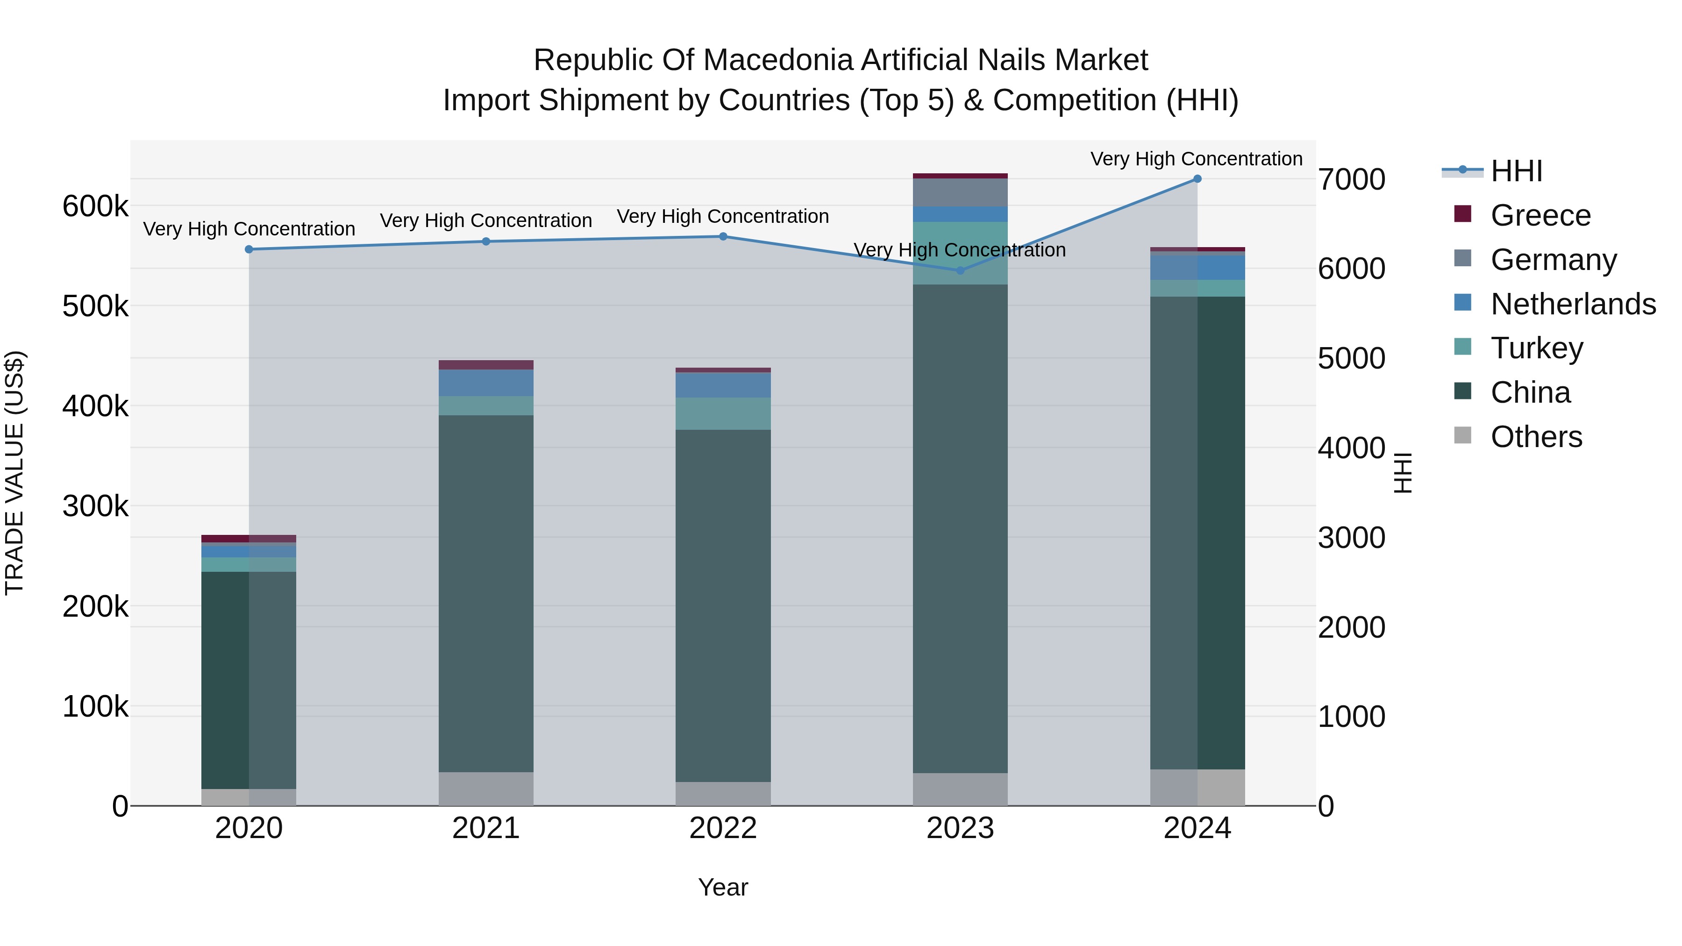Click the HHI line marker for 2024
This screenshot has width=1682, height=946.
click(x=1197, y=179)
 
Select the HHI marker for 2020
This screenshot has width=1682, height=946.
click(x=249, y=249)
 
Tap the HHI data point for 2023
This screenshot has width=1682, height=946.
click(x=960, y=270)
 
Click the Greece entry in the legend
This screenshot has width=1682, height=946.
click(x=1539, y=215)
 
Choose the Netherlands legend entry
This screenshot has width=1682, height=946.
click(x=1572, y=304)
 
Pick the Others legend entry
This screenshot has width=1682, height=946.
click(x=1536, y=437)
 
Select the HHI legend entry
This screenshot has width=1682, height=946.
click(x=1516, y=171)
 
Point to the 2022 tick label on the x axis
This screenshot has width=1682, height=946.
click(x=723, y=828)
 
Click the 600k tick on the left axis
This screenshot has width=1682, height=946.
click(x=95, y=206)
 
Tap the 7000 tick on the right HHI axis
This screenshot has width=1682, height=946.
click(x=1351, y=179)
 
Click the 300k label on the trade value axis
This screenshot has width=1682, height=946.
click(x=95, y=506)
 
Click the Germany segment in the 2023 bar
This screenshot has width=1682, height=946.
click(x=960, y=192)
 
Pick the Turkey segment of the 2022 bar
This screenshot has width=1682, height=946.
click(x=723, y=413)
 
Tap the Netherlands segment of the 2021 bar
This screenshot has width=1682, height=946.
click(x=486, y=383)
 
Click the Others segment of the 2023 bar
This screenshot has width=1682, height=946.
click(x=960, y=790)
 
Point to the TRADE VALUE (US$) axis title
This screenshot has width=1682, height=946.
click(x=14, y=473)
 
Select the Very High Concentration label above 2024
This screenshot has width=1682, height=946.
click(x=1196, y=159)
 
